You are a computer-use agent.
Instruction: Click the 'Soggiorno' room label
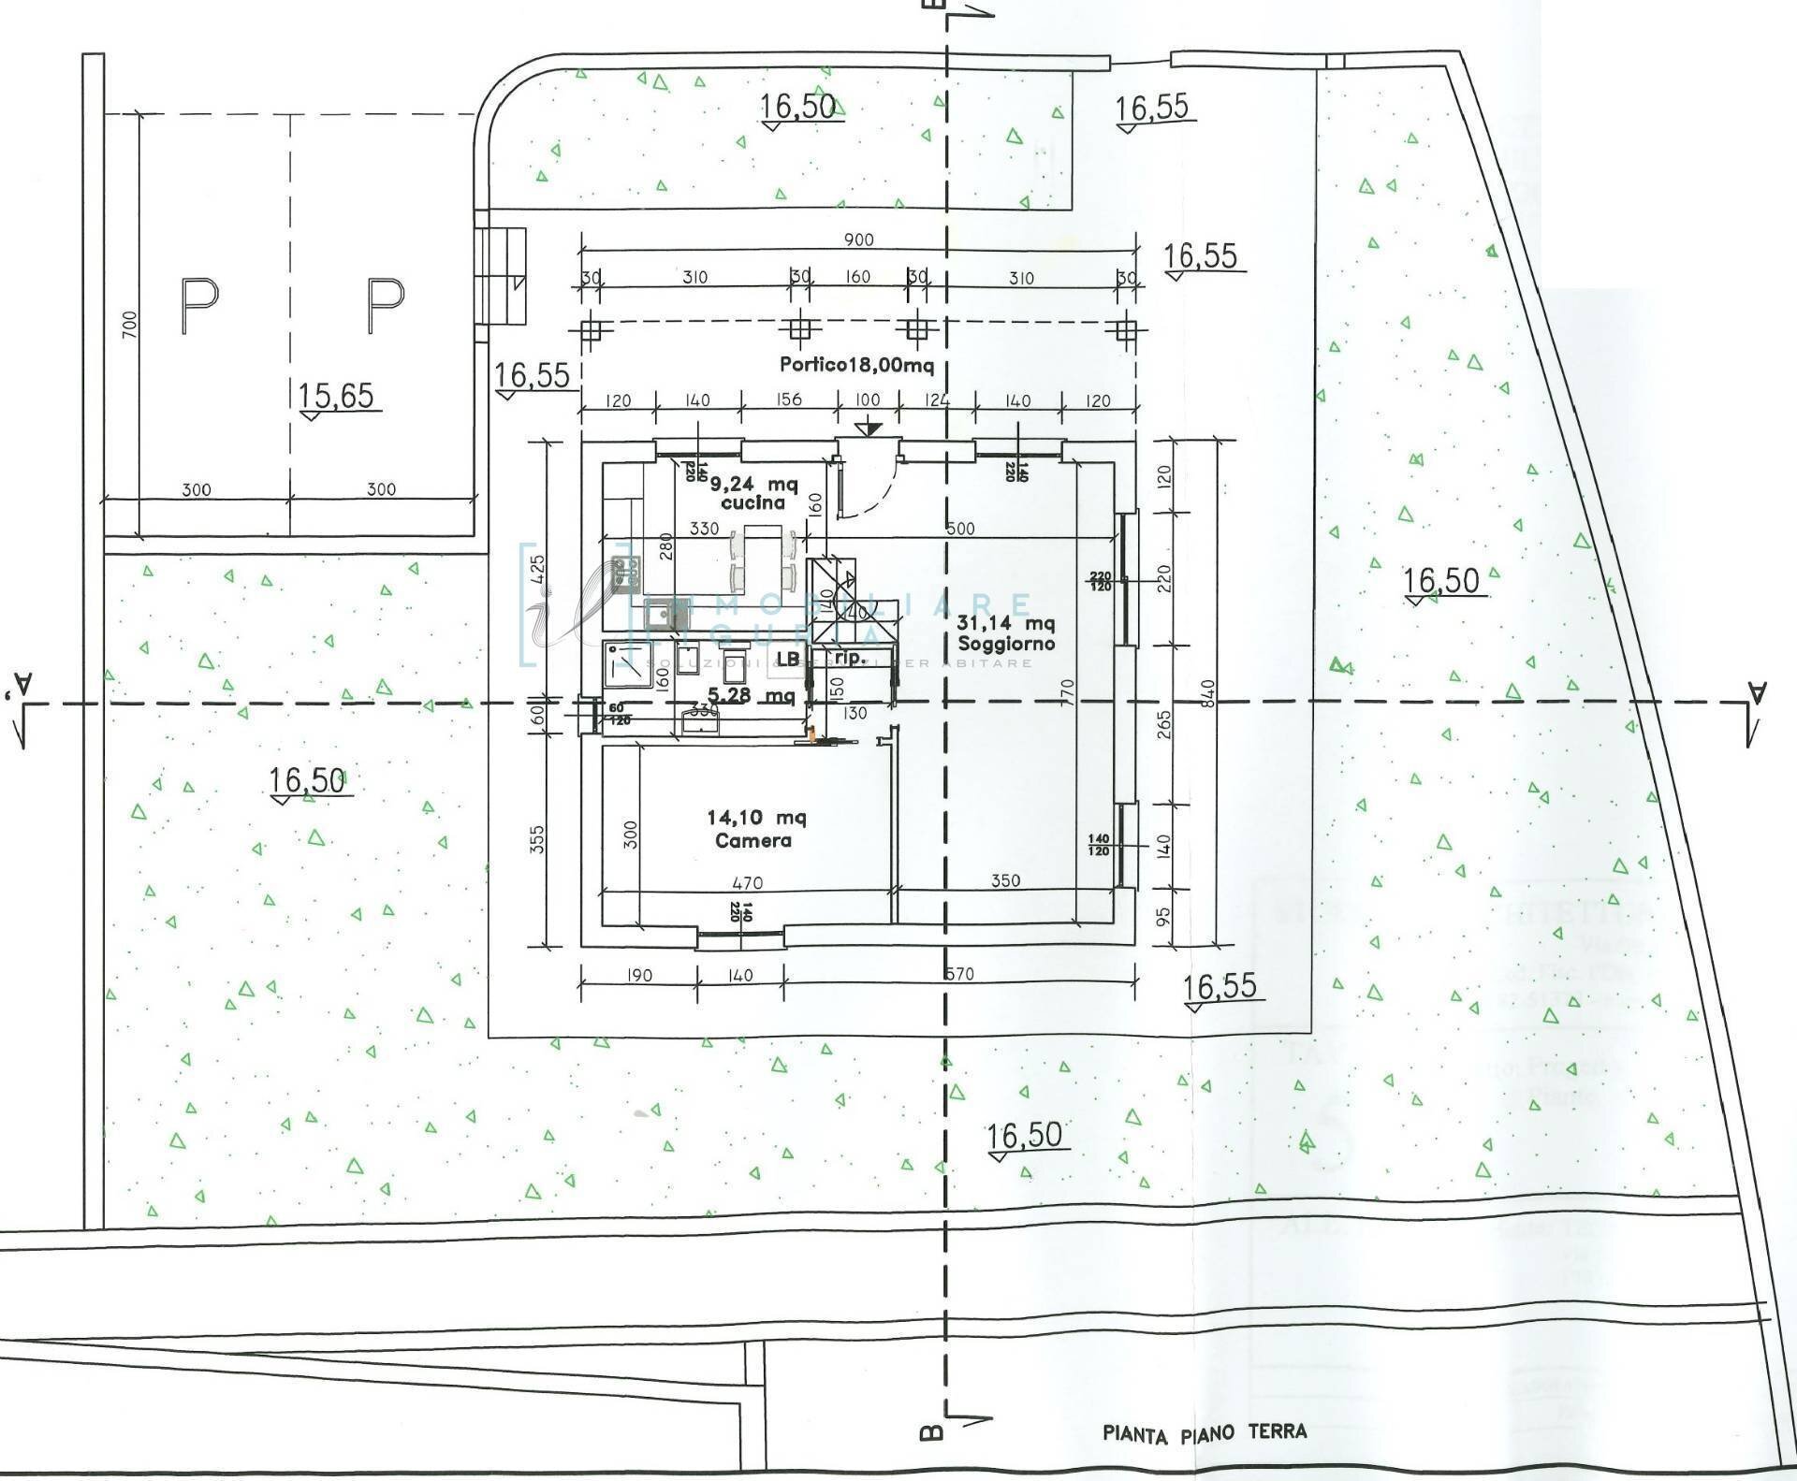tap(1005, 645)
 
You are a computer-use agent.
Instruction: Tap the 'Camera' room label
tap(752, 840)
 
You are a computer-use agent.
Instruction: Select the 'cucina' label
tap(752, 502)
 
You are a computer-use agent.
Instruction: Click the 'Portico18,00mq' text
tap(856, 365)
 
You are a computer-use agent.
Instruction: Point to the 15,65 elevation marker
tap(336, 397)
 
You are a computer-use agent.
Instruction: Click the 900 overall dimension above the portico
tap(858, 240)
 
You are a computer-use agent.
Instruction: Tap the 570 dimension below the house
tap(959, 974)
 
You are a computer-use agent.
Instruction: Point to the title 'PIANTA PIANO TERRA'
tap(1204, 1433)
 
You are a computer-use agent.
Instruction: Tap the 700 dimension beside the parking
tap(129, 325)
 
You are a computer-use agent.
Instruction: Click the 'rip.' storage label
tap(849, 658)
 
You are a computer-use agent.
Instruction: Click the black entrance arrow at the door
tap(869, 428)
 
